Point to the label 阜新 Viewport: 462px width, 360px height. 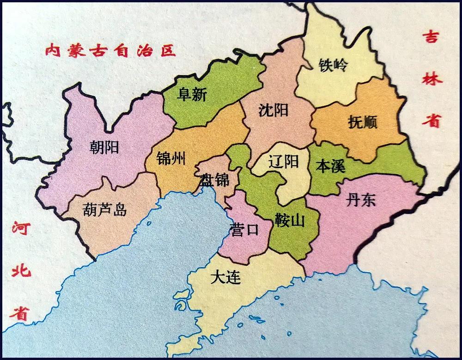(192, 95)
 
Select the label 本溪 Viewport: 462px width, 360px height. (330, 166)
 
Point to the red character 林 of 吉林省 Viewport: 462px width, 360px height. (433, 78)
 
